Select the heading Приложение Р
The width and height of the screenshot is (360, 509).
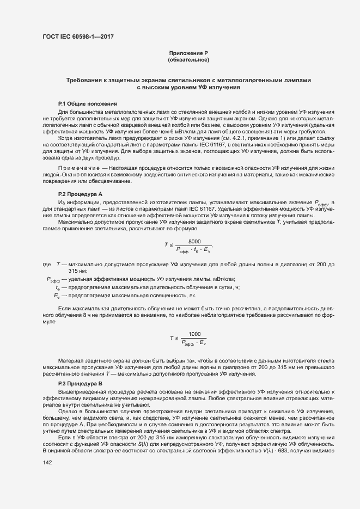pyautogui.click(x=188, y=53)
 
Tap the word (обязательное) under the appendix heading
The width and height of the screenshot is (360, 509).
pyautogui.click(x=188, y=59)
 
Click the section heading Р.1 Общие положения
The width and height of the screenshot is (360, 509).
pyautogui.click(x=87, y=103)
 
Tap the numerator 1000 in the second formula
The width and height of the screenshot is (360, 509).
pyautogui.click(x=194, y=334)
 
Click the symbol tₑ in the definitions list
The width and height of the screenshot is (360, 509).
pyautogui.click(x=58, y=287)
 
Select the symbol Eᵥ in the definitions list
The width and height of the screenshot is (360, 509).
pyautogui.click(x=57, y=296)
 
